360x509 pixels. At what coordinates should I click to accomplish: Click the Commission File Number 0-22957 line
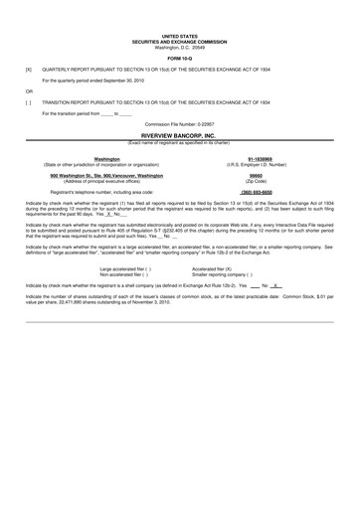point(179,122)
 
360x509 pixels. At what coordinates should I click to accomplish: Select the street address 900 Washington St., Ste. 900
point(106,175)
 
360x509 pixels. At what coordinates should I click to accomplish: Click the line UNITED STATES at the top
point(179,36)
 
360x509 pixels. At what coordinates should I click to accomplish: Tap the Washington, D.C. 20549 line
point(179,47)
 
